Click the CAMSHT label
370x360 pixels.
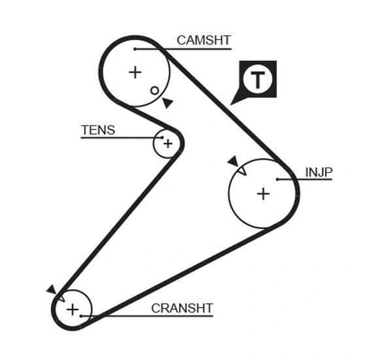point(203,41)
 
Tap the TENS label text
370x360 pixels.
point(98,130)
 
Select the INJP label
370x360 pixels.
point(319,172)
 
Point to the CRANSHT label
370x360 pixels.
point(182,308)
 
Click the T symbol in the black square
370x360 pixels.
point(259,80)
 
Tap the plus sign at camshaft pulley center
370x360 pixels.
point(135,72)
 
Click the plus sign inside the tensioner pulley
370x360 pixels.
point(167,143)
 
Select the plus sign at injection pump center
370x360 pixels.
point(263,193)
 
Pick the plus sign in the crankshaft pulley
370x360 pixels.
point(72,309)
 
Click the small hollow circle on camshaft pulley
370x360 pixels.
point(154,90)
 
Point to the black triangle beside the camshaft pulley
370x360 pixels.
point(168,103)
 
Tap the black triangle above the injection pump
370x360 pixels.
point(232,161)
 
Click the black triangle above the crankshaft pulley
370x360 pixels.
point(51,289)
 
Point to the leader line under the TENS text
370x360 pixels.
point(118,137)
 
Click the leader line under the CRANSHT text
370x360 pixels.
point(150,315)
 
